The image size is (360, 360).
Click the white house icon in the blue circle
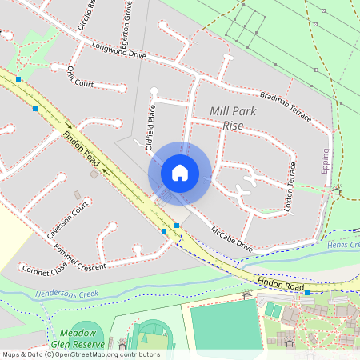(x=180, y=173)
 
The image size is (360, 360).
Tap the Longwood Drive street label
(x=120, y=52)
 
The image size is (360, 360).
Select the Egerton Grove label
(x=126, y=28)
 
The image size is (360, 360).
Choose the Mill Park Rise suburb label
(x=233, y=118)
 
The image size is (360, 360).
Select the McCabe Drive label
(x=232, y=238)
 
